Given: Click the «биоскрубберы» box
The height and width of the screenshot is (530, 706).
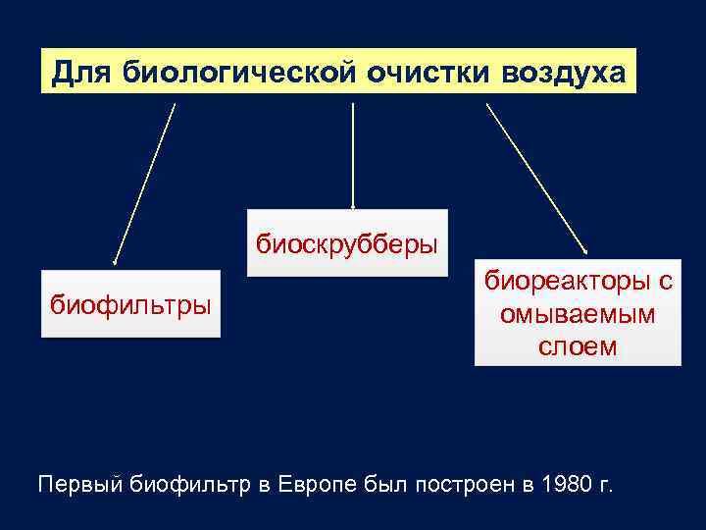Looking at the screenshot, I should point(347,242).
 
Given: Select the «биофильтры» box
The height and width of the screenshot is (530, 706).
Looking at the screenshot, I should point(130,304).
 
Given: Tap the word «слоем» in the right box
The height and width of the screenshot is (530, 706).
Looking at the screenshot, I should point(578,346).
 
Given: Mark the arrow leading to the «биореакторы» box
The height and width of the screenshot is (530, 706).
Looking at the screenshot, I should point(536,177).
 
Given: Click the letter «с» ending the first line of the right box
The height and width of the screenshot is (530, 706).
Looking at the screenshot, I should point(665,282).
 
